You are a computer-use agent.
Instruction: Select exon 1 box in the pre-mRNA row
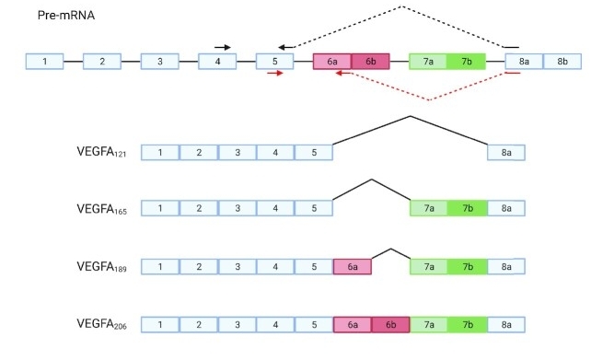pyautogui.click(x=44, y=62)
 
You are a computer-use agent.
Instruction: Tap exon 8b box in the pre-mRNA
pyautogui.click(x=561, y=62)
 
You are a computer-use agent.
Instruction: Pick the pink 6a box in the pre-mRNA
pyautogui.click(x=332, y=62)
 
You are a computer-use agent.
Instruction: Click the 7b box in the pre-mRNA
pyautogui.click(x=467, y=62)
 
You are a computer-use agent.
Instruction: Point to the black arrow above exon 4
pyautogui.click(x=222, y=46)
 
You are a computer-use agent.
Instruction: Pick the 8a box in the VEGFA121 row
pyautogui.click(x=506, y=152)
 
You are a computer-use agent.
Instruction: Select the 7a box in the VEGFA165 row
pyautogui.click(x=429, y=209)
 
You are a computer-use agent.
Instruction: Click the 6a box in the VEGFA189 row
pyautogui.click(x=353, y=266)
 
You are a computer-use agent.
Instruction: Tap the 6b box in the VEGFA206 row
pyautogui.click(x=390, y=324)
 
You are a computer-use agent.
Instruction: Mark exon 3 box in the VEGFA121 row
pyautogui.click(x=237, y=152)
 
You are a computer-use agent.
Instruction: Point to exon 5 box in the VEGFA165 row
pyautogui.click(x=314, y=209)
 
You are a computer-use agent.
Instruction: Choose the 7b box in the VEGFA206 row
pyautogui.click(x=468, y=324)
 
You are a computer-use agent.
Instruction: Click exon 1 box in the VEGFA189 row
pyautogui.click(x=160, y=266)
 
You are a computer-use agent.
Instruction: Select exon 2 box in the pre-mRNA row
pyautogui.click(x=102, y=62)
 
